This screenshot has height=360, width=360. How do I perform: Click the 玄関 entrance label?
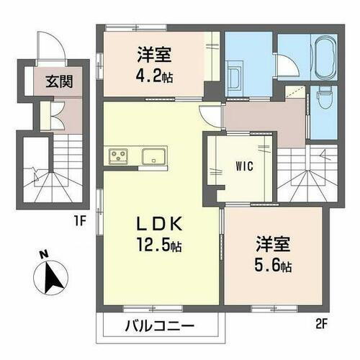click(49, 81)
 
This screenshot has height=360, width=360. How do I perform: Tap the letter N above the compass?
click(43, 254)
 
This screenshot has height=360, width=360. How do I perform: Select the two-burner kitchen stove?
click(118, 156)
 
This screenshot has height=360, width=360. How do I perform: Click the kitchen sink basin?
click(154, 156)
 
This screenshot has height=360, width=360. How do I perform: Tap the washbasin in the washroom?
click(235, 74)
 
